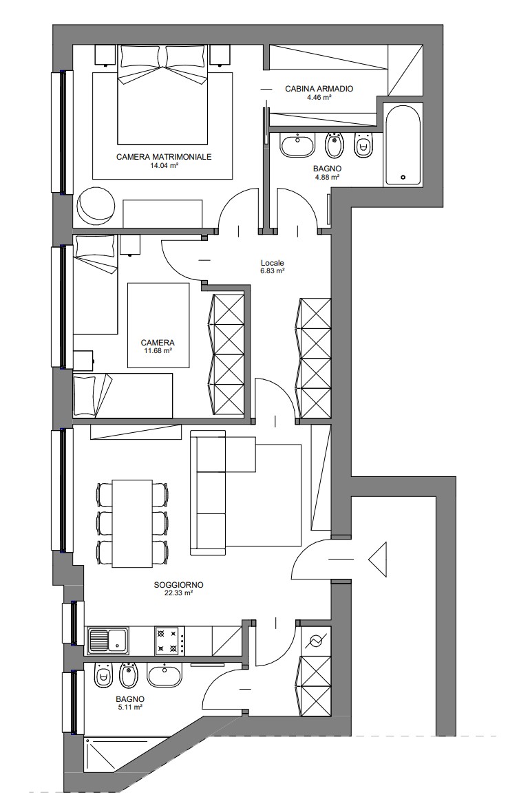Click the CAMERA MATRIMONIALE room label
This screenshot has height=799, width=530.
pyautogui.click(x=164, y=157)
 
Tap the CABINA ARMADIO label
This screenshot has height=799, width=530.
pyautogui.click(x=319, y=89)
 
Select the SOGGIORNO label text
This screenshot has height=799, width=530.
pyautogui.click(x=178, y=585)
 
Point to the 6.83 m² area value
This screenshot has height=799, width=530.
pyautogui.click(x=272, y=271)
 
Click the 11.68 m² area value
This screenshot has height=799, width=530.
pyautogui.click(x=158, y=350)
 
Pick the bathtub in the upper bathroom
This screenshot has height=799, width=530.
pyautogui.click(x=403, y=145)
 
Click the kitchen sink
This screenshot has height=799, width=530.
pyautogui.click(x=108, y=641)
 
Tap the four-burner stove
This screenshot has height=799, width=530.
pyautogui.click(x=170, y=641)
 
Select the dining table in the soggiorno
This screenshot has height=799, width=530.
pyautogui.click(x=132, y=523)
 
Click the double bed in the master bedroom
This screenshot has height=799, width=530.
pyautogui.click(x=163, y=94)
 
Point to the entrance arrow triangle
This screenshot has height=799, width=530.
pyautogui.click(x=377, y=560)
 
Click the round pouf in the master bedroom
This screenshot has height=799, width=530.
pyautogui.click(x=96, y=205)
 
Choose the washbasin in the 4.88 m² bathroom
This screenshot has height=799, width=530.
pyautogui.click(x=297, y=145)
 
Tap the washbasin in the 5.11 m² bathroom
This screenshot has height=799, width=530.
pyautogui.click(x=165, y=676)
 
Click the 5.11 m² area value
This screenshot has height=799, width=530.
pyautogui.click(x=129, y=707)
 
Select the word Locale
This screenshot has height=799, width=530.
pyautogui.click(x=272, y=263)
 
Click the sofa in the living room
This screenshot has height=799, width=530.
pyautogui.click(x=224, y=492)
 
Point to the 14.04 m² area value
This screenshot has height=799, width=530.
pyautogui.click(x=164, y=166)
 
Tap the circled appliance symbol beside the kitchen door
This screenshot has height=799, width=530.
pyautogui.click(x=315, y=641)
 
